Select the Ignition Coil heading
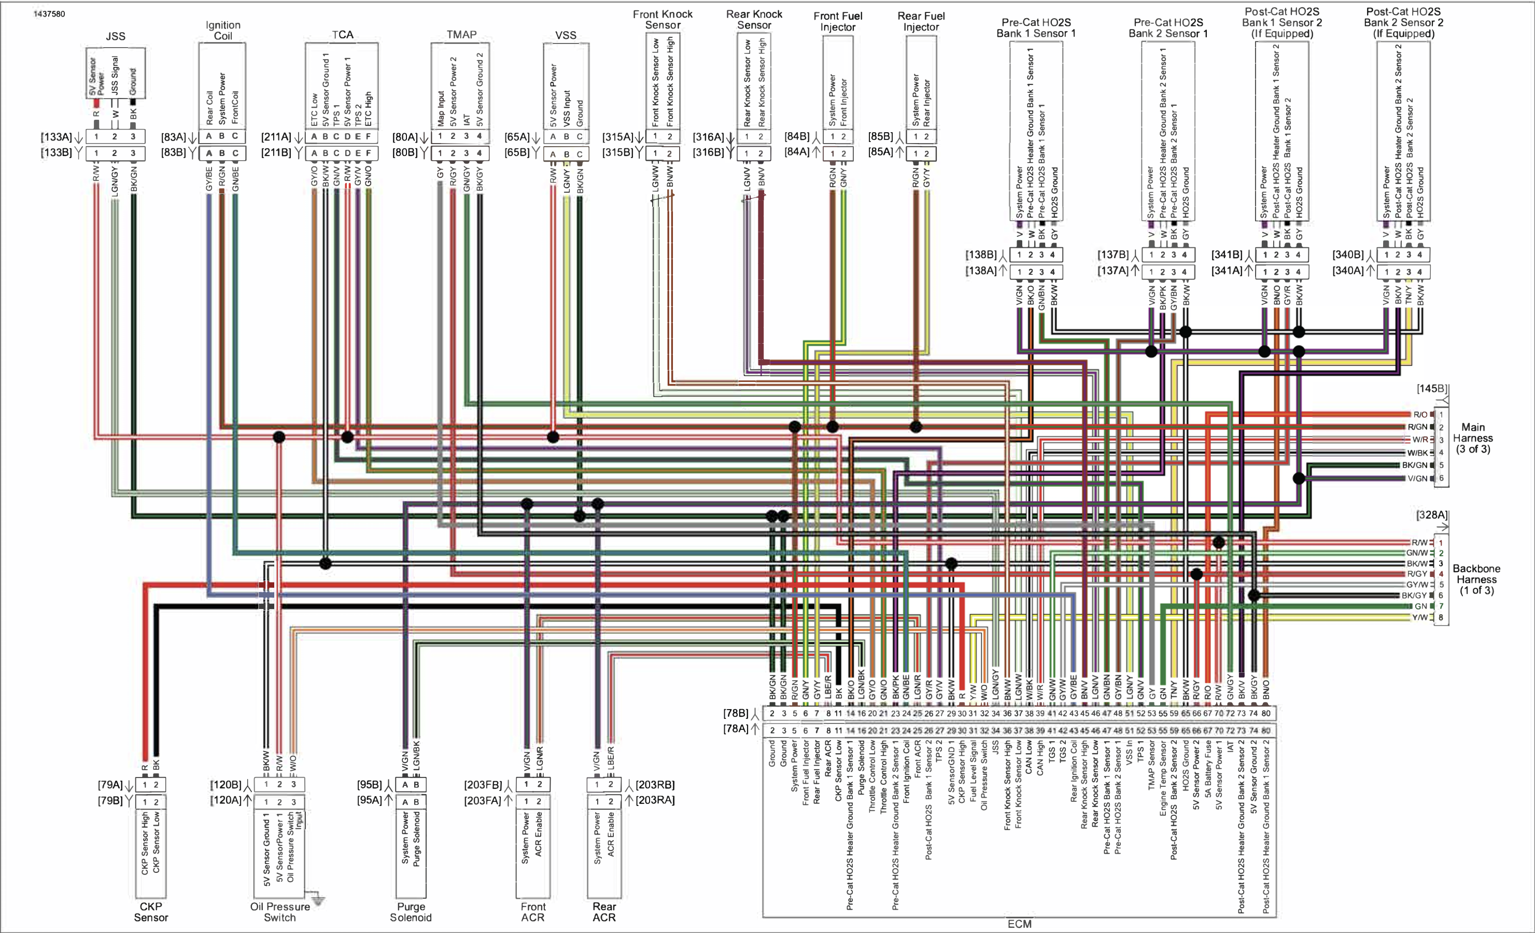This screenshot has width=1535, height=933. pyautogui.click(x=222, y=31)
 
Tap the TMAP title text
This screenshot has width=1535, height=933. pyautogui.click(x=461, y=35)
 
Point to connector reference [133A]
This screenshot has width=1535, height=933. pyautogui.click(x=57, y=137)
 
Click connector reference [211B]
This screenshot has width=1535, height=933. pyautogui.click(x=276, y=152)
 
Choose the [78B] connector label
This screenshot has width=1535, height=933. pyautogui.click(x=736, y=713)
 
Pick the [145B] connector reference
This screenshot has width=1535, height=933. pyautogui.click(x=1432, y=389)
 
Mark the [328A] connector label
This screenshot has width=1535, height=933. pyautogui.click(x=1432, y=515)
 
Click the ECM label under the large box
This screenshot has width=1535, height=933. pyautogui.click(x=1019, y=924)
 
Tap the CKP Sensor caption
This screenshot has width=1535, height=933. pyautogui.click(x=151, y=912)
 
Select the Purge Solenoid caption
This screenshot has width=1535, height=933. pyautogui.click(x=411, y=912)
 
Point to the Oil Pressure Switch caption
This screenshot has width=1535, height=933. pyautogui.click(x=280, y=912)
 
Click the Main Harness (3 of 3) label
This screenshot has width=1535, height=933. pyautogui.click(x=1473, y=438)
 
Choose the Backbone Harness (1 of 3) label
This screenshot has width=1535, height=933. pyautogui.click(x=1476, y=579)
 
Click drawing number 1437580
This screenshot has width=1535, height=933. pyautogui.click(x=49, y=13)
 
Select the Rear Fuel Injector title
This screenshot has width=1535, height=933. pyautogui.click(x=921, y=21)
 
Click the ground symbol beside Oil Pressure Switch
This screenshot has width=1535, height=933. pyautogui.click(x=318, y=899)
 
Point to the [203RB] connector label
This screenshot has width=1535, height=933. pyautogui.click(x=655, y=785)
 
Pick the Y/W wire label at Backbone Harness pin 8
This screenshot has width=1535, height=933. pyautogui.click(x=1420, y=618)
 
